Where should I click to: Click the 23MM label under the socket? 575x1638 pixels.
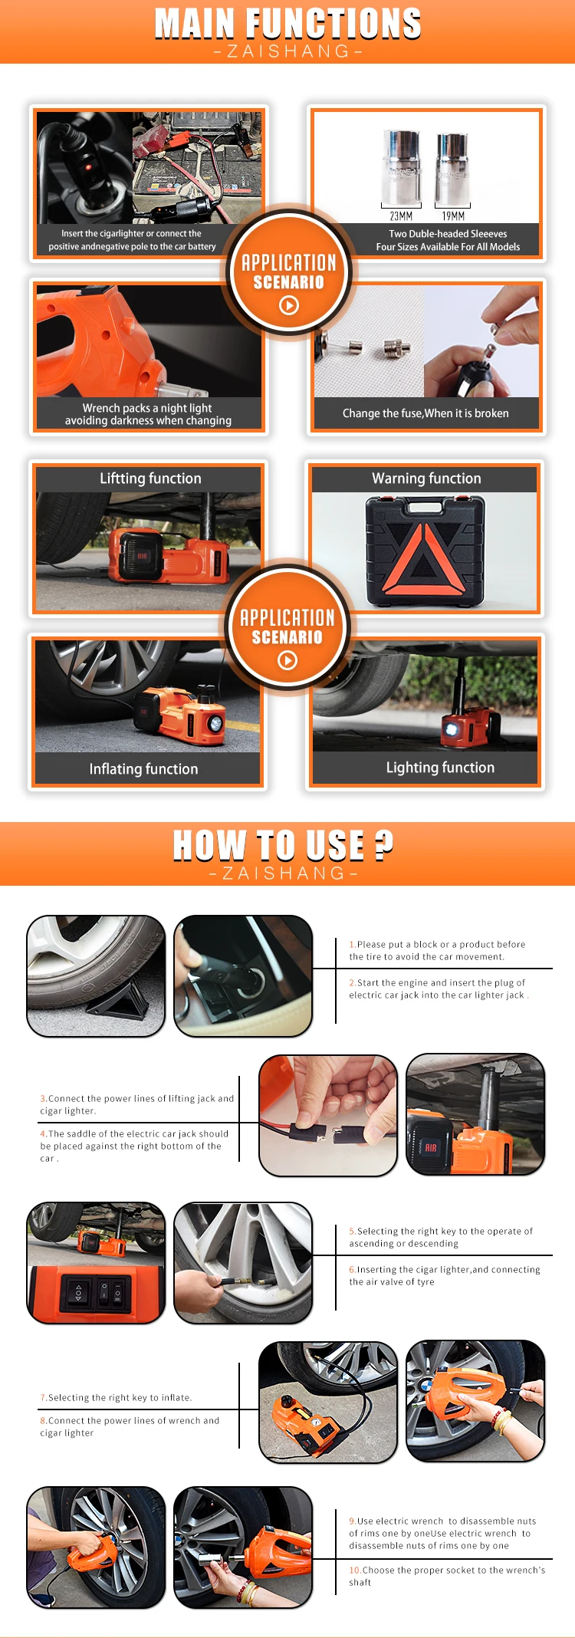coord(401,216)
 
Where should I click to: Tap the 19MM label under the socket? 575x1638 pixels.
coord(453,216)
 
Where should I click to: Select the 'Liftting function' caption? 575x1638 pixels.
coord(150,479)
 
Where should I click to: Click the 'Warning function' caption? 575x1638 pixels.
coord(426,479)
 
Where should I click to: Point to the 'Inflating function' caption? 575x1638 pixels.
coord(143,769)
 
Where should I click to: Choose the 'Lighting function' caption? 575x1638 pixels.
coord(440,768)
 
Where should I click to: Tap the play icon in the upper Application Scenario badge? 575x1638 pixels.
coord(288,305)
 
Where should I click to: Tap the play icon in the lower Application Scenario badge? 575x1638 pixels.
coord(287,660)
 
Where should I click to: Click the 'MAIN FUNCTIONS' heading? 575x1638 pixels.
coord(287,24)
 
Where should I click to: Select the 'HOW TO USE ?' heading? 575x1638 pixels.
coord(283,845)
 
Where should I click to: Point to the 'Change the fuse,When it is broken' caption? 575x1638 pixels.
coord(426,413)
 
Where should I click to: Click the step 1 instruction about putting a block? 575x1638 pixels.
coord(437,950)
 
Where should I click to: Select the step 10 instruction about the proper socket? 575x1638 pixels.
coord(447,1576)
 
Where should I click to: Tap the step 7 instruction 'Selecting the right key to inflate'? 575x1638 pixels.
coord(116,1397)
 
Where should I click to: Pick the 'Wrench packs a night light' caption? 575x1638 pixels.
coord(147,408)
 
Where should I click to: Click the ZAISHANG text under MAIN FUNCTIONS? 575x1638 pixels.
coord(287,51)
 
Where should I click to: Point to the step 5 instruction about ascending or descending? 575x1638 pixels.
coord(441,1237)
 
